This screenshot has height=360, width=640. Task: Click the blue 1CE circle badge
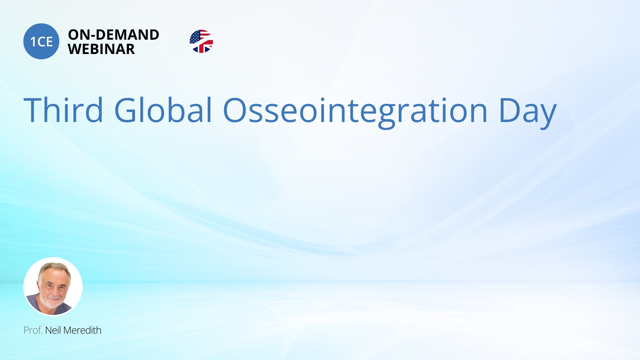click(41, 41)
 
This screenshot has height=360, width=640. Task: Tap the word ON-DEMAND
click(114, 35)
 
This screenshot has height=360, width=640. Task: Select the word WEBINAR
click(101, 49)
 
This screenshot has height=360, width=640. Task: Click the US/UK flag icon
click(201, 41)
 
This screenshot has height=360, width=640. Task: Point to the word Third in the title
click(63, 110)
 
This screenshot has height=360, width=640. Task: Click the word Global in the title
click(163, 110)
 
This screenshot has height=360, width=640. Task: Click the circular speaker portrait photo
click(53, 287)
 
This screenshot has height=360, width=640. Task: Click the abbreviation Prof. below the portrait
click(33, 330)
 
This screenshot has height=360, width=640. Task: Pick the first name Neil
click(53, 330)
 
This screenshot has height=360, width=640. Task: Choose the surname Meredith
click(82, 330)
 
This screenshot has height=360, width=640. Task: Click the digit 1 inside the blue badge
click(33, 42)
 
